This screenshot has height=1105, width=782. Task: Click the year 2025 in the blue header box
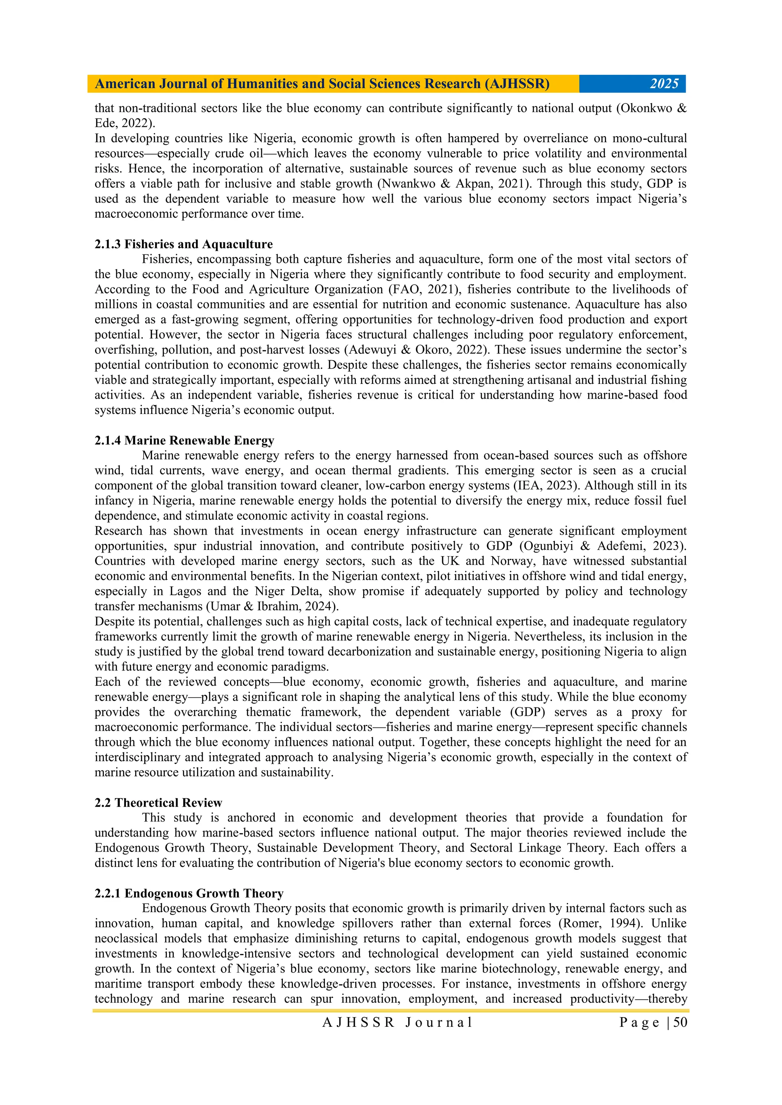(x=664, y=84)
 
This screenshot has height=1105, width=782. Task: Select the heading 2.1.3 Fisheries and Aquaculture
(x=183, y=244)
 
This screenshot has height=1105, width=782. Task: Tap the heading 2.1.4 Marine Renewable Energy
(x=184, y=440)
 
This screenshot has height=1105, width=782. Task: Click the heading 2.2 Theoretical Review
(x=158, y=803)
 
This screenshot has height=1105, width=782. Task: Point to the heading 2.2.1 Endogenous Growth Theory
(x=189, y=893)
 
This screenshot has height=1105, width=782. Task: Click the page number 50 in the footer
(x=680, y=1022)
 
